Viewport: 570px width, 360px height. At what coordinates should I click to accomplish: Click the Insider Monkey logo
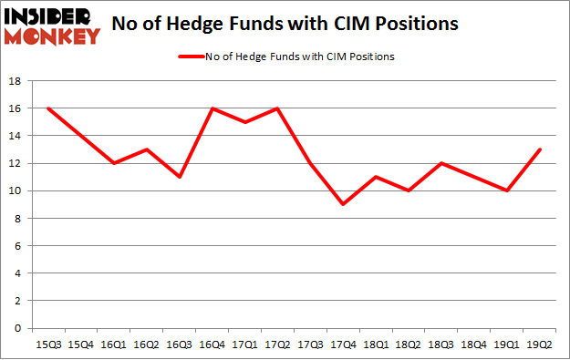[x=53, y=26]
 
